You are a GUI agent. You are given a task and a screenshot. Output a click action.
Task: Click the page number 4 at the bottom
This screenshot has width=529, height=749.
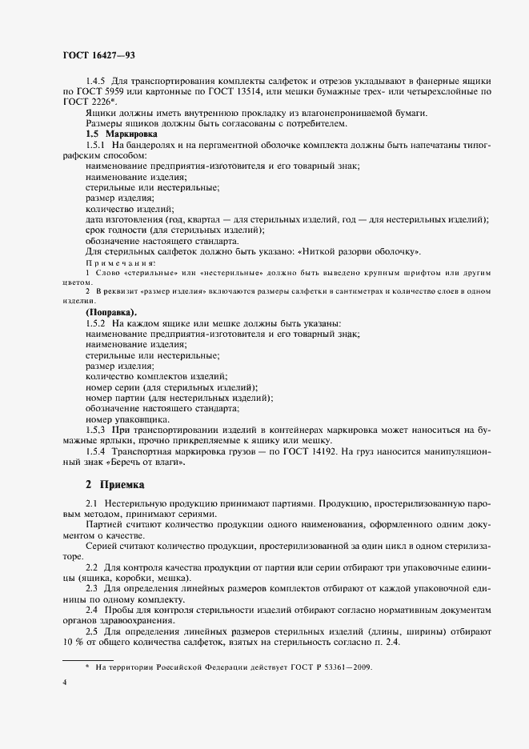click(x=65, y=682)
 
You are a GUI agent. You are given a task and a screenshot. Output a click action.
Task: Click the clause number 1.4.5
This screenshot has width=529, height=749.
click(x=96, y=82)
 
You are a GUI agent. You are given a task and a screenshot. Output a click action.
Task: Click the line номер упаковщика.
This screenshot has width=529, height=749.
click(x=126, y=419)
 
